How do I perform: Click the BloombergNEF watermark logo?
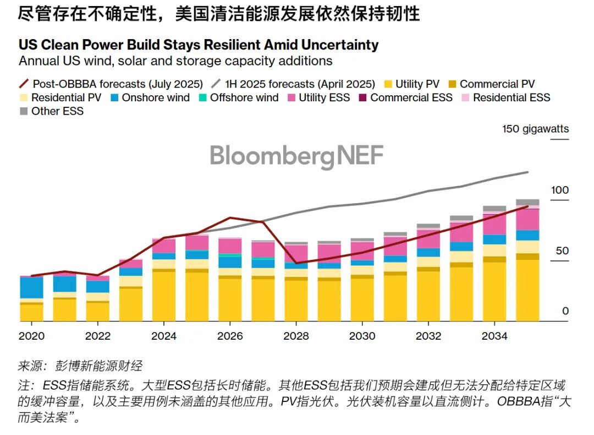click(296, 155)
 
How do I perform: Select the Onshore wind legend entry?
click(148, 98)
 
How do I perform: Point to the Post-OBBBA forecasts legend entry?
click(110, 84)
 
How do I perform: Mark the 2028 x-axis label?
click(296, 336)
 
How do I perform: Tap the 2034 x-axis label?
click(494, 336)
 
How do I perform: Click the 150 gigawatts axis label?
click(535, 129)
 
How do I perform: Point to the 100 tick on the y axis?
click(560, 191)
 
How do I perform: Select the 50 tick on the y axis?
click(562, 251)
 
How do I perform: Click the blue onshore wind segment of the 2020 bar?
click(31, 287)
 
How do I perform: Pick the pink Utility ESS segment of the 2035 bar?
click(527, 219)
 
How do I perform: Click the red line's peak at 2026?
click(230, 218)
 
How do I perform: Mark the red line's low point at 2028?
click(296, 263)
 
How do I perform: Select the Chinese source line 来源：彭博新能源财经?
click(80, 366)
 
